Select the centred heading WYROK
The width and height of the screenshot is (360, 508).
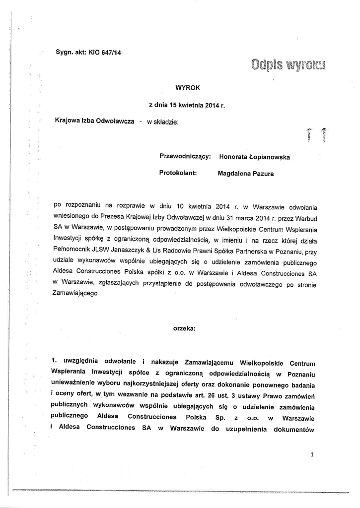pyautogui.click(x=188, y=87)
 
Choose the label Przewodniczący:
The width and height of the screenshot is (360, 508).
pyautogui.click(x=186, y=157)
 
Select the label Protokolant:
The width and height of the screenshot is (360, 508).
pyautogui.click(x=178, y=174)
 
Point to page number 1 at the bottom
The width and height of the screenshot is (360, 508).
pyautogui.click(x=312, y=453)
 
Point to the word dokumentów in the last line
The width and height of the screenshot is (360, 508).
pyautogui.click(x=295, y=429)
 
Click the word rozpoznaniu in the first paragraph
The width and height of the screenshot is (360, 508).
pyautogui.click(x=81, y=206)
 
